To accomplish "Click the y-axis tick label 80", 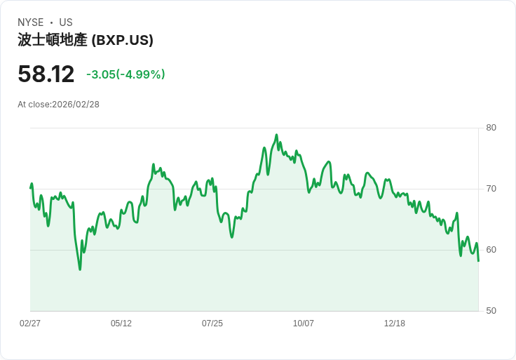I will point(491,128).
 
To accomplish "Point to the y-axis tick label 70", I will point(491,189).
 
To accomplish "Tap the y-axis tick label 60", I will point(491,250).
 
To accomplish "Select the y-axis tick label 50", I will point(491,311).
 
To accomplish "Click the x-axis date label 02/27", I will point(30,324).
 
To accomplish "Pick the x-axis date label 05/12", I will point(121,324).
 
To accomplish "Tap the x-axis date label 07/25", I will point(212,324).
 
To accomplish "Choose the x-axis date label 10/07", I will point(304,324).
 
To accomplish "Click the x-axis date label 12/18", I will point(395,324).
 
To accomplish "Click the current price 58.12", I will point(46,74).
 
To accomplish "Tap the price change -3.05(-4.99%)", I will point(125,74).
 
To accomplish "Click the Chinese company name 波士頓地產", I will point(53,40).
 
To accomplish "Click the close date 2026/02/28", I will point(76,105).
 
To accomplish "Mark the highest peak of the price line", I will point(276,135).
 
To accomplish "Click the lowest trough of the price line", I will point(80,269).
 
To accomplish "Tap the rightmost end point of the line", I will point(478,261).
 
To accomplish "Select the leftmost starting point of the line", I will point(30,187).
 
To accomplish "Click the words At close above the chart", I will point(33,105).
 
